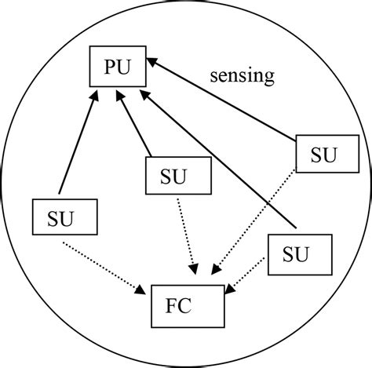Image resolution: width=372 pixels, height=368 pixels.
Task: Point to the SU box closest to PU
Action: point(167,175)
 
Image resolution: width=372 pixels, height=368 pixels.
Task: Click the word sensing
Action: point(242,76)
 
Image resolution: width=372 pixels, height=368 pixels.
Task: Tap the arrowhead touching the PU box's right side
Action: point(154,61)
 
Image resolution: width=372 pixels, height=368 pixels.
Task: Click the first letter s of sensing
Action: point(214,77)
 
